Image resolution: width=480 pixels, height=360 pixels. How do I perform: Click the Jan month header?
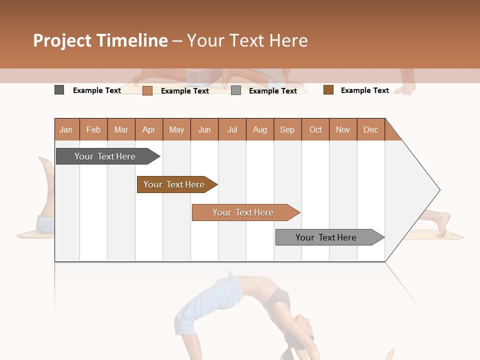click(x=66, y=129)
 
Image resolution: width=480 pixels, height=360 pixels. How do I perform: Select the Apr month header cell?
click(x=149, y=129)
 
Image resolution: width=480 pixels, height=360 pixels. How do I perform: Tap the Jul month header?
click(x=232, y=129)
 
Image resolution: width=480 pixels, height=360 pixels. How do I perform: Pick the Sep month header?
click(x=287, y=129)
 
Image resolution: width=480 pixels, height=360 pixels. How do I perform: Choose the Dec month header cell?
click(x=370, y=129)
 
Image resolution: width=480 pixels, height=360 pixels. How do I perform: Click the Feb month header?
click(x=93, y=129)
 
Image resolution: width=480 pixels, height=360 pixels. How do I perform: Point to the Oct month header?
click(x=315, y=129)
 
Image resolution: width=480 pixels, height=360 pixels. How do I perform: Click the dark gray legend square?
click(x=59, y=90)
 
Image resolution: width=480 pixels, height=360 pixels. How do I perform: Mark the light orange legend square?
click(x=147, y=90)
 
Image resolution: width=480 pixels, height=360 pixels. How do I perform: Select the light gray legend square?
click(x=236, y=90)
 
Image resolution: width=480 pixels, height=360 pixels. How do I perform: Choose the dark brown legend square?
click(x=328, y=90)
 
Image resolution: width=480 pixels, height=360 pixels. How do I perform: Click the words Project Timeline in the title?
click(x=100, y=40)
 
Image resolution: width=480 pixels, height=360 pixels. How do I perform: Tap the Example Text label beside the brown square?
click(x=364, y=90)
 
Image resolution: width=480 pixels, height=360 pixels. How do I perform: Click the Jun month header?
click(x=204, y=129)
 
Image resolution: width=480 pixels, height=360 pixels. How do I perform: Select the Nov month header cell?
click(x=343, y=129)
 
